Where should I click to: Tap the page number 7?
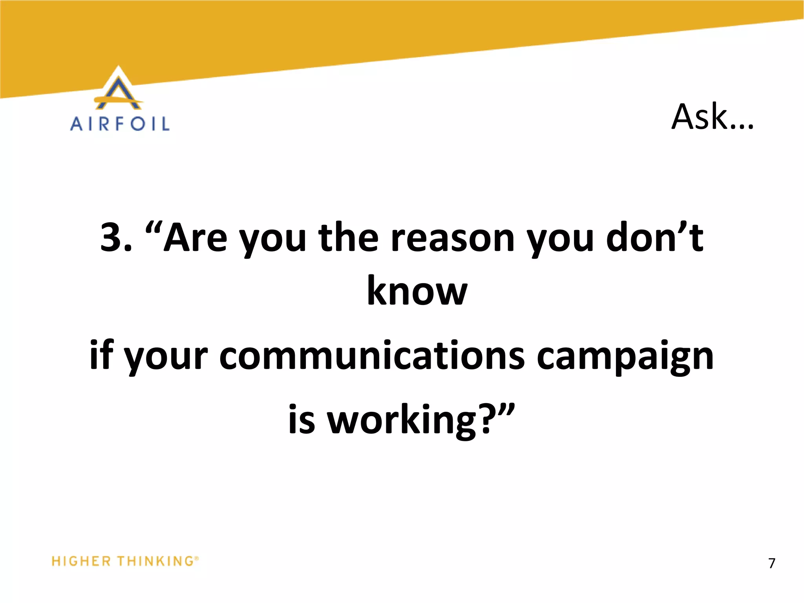[x=772, y=563]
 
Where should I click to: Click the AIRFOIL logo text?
[x=120, y=124]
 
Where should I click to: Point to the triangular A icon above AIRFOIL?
[x=119, y=89]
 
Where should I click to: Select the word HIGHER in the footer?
[x=81, y=561]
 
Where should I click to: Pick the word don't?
[x=654, y=238]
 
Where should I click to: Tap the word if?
[x=101, y=356]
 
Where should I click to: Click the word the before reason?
[x=349, y=238]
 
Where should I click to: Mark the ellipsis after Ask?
[x=742, y=126]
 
